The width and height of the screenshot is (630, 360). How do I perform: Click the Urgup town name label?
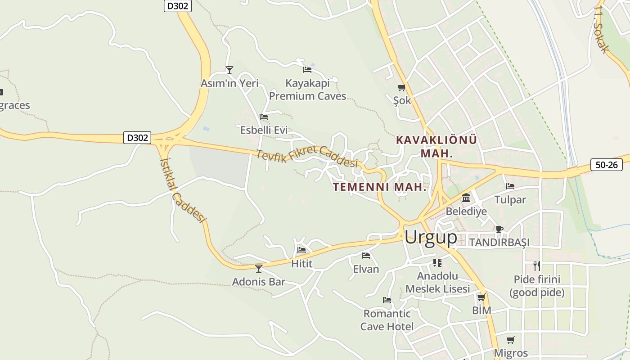[x=431, y=237]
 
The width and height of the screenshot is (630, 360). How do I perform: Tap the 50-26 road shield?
[x=606, y=165]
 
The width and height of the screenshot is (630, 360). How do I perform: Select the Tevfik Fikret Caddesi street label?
[x=307, y=157]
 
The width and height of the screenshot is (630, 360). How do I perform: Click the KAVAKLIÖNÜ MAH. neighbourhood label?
[x=436, y=146]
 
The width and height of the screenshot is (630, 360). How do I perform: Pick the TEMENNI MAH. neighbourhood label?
[x=379, y=187]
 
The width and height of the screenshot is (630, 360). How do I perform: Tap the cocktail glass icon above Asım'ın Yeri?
[x=229, y=70]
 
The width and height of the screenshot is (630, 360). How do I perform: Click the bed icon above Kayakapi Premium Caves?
[x=307, y=69]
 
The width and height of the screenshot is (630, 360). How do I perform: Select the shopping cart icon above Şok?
[x=401, y=87]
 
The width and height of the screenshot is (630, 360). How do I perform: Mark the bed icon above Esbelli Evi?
[x=264, y=117]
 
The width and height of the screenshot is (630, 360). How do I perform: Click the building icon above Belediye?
[x=466, y=198]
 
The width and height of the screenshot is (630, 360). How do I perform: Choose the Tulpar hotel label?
[x=510, y=199]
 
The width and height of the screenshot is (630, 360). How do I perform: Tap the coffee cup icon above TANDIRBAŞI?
[x=499, y=229]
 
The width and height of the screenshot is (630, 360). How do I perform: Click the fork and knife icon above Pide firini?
[x=536, y=265]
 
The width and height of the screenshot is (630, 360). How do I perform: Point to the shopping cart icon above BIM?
[x=481, y=297]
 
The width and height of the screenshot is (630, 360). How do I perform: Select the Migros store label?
[x=511, y=353]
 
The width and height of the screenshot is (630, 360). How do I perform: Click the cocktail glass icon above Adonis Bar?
[x=259, y=269]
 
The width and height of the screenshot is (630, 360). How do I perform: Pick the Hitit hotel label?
[x=301, y=264]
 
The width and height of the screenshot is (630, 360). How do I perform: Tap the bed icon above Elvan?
[x=366, y=256]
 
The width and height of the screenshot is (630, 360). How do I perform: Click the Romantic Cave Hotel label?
[x=387, y=320]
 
